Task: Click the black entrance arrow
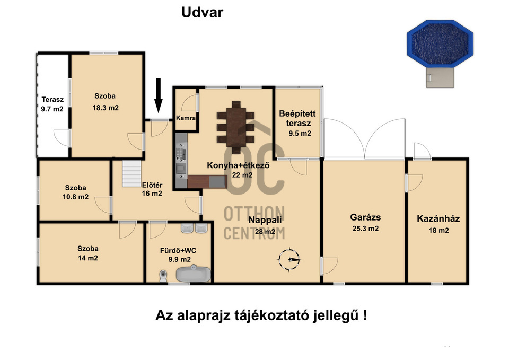point(158,95)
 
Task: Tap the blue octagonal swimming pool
point(440,43)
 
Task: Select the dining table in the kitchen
point(236,127)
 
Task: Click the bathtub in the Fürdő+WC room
point(194,274)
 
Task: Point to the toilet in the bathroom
point(163,276)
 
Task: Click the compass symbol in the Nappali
point(289,259)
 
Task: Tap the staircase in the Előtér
point(131,173)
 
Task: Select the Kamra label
point(186,118)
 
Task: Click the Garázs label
point(365,217)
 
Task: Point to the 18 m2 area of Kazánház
point(438,231)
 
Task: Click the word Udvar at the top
point(202,12)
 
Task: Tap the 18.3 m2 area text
point(106,108)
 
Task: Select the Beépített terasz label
point(297,118)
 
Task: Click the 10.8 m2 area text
point(75,197)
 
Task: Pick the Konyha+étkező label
point(238,165)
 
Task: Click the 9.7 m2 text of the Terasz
point(52,109)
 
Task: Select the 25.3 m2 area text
point(365,229)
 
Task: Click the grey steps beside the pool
point(440,77)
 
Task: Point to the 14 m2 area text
point(87,258)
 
